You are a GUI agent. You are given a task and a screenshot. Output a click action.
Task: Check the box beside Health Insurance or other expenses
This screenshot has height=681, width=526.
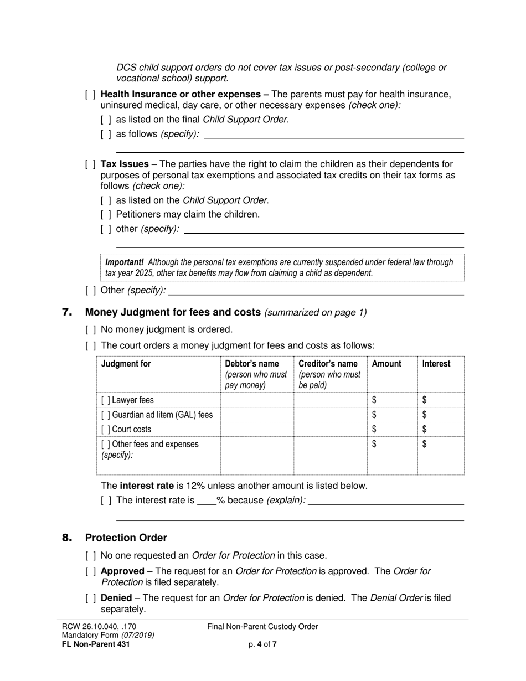(90, 95)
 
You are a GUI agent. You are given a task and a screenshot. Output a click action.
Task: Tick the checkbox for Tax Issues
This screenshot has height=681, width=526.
(90, 164)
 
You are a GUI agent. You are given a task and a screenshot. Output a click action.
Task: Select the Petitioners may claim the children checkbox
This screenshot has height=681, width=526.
(106, 215)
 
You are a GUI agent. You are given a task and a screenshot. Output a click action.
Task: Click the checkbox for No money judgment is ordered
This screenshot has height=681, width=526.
(90, 330)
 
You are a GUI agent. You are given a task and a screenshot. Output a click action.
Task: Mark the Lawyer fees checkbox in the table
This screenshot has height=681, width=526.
(105, 400)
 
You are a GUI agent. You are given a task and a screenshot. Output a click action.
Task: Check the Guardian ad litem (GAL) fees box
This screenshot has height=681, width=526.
(105, 415)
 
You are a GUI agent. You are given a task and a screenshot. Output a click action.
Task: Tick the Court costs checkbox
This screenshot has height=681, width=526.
(105, 429)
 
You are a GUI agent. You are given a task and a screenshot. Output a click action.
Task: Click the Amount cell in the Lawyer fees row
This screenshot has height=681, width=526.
(392, 400)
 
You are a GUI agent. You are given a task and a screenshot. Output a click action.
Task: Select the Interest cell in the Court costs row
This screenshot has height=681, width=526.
(441, 429)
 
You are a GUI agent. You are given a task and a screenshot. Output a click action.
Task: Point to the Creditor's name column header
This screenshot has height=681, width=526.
(328, 364)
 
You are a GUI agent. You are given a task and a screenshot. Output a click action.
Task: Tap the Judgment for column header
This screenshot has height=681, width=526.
(126, 364)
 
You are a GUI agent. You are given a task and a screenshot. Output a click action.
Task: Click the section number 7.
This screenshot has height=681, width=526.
(68, 313)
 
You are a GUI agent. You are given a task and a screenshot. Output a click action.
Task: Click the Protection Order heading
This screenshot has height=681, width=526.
(126, 538)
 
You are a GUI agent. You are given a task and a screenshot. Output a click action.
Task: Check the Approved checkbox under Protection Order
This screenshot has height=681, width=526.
(90, 571)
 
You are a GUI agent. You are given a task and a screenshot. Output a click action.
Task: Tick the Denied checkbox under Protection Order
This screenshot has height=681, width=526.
(90, 599)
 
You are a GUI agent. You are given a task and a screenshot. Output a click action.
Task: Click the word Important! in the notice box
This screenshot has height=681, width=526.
(125, 262)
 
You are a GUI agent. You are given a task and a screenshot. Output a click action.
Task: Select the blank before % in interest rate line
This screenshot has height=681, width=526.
(206, 501)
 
